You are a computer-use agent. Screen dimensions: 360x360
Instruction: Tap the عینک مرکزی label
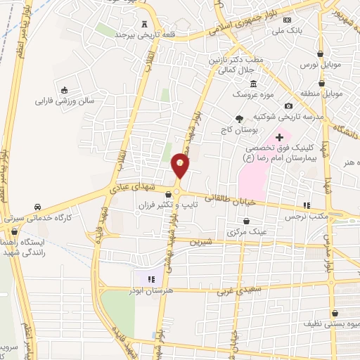250,231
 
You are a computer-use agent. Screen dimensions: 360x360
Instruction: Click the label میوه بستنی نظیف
328,325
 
